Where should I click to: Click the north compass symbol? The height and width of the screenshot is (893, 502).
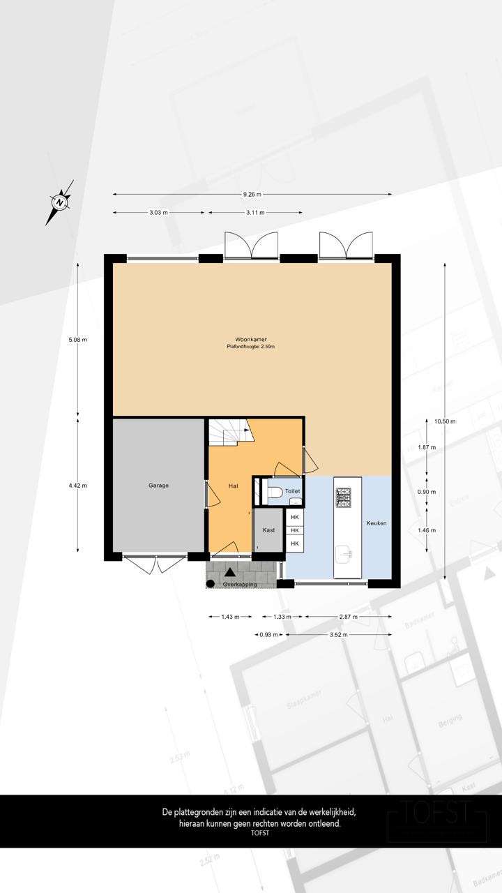click(x=61, y=202)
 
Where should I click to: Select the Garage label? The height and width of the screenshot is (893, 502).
click(x=158, y=486)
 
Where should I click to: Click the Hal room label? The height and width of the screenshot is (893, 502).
click(x=234, y=486)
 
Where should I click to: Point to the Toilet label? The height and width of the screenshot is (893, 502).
click(x=293, y=491)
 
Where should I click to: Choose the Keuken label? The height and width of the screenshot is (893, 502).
click(x=376, y=523)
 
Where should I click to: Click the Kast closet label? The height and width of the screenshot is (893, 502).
click(x=268, y=530)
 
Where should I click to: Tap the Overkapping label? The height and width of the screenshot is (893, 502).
click(x=240, y=584)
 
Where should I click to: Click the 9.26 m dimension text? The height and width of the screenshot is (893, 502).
click(x=252, y=195)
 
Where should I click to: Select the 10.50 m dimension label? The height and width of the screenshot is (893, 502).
click(x=444, y=421)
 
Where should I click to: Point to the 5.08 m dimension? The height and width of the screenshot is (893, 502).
click(x=77, y=340)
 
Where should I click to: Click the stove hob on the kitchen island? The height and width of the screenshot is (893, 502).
click(x=344, y=497)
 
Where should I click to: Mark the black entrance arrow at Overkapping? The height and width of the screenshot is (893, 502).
click(x=229, y=573)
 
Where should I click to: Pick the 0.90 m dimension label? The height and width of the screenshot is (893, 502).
click(x=426, y=492)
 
